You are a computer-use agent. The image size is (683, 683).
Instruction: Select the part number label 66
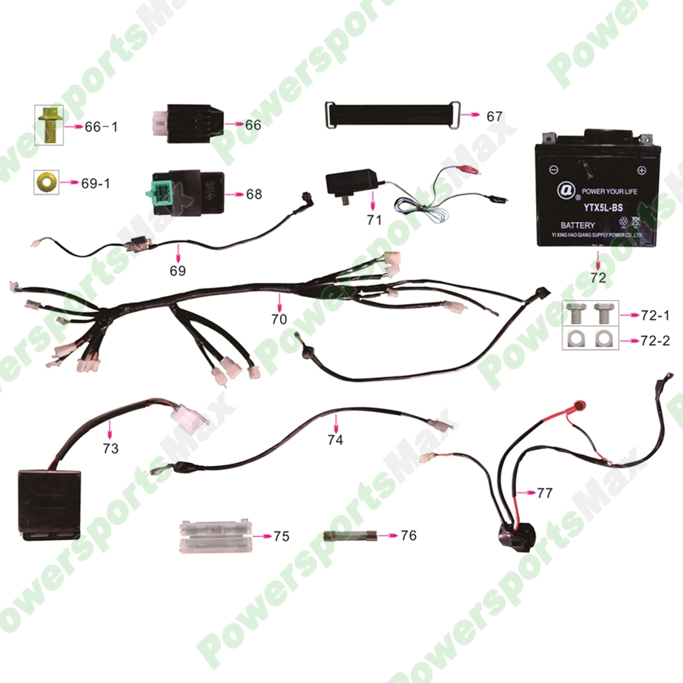[253, 125]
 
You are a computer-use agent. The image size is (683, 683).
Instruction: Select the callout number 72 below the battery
[598, 278]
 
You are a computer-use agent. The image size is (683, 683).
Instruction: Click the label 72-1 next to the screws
[656, 316]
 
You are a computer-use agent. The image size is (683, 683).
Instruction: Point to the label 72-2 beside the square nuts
[656, 339]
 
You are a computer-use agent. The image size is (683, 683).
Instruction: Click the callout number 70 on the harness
[279, 319]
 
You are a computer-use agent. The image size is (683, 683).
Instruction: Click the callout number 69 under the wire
[178, 270]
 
